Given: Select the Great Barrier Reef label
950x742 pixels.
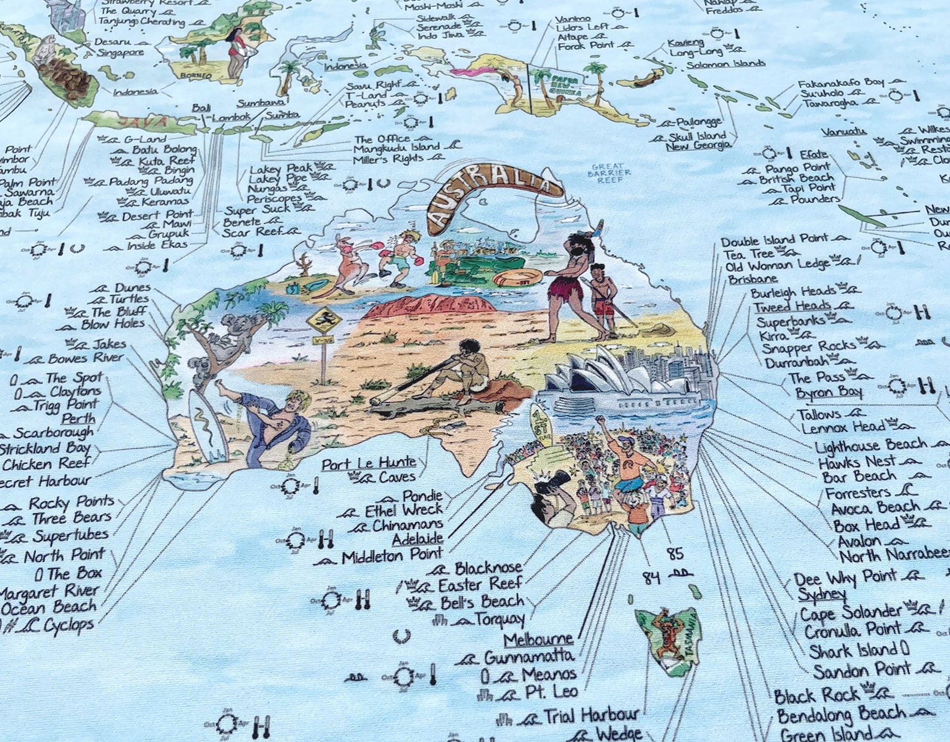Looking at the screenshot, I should coord(607,173).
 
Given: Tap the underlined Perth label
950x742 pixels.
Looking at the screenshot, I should coord(78,419).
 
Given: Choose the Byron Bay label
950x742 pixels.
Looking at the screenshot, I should coord(829,392).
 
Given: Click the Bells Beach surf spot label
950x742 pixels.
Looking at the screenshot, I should coord(482,601).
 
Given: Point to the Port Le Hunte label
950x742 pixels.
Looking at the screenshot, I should coord(369,463).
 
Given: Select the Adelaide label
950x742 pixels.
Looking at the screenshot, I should coord(417,539).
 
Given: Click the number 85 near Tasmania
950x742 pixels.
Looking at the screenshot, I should coord(675,554).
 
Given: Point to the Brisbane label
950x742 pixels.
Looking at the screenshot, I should coord(753,279).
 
